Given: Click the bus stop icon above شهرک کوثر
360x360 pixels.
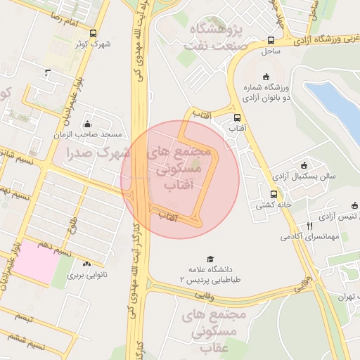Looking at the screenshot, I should (93, 33).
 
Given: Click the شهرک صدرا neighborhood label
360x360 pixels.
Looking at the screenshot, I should (95, 152).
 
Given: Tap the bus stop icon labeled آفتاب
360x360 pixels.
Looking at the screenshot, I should (236, 118).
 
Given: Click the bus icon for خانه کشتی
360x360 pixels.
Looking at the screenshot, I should (273, 195).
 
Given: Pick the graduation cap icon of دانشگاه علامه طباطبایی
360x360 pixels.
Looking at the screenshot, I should (209, 259).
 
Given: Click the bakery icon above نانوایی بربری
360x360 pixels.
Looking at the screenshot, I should (87, 265).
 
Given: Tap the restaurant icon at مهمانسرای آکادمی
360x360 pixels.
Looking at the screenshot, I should (309, 226).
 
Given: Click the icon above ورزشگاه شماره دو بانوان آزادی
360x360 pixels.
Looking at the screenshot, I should (265, 77).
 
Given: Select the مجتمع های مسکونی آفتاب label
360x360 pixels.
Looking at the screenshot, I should (181, 169).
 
